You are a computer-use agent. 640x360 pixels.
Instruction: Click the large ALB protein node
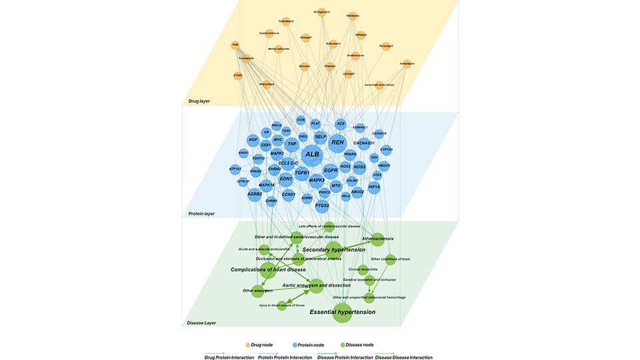tap(312, 155)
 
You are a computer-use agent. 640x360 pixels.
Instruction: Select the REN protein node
tap(338, 142)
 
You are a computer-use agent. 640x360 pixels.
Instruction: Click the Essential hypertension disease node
tap(343, 312)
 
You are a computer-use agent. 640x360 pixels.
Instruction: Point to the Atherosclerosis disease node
tap(377, 239)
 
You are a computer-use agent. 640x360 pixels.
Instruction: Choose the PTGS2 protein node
tap(323, 205)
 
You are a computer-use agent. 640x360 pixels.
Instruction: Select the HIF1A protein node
tap(374, 187)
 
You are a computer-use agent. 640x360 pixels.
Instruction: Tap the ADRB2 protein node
tap(254, 194)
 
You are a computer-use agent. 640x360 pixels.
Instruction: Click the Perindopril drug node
tap(385, 46)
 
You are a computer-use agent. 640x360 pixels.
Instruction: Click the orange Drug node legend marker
tap(248, 345)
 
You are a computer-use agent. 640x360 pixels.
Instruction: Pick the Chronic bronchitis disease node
tap(363, 269)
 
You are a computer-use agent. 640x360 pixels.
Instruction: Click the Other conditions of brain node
tap(391, 259)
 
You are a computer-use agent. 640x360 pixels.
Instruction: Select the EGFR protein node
tap(331, 171)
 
